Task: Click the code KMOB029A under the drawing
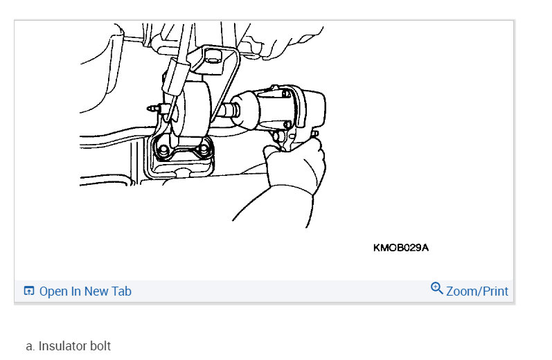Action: tap(400, 247)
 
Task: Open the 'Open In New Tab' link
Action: tap(84, 291)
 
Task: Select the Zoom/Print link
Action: tap(477, 291)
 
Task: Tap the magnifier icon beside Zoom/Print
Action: tap(436, 288)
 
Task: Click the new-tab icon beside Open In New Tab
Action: tap(29, 291)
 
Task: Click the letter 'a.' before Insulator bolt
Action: tap(30, 345)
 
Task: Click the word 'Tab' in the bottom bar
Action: tap(121, 291)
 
